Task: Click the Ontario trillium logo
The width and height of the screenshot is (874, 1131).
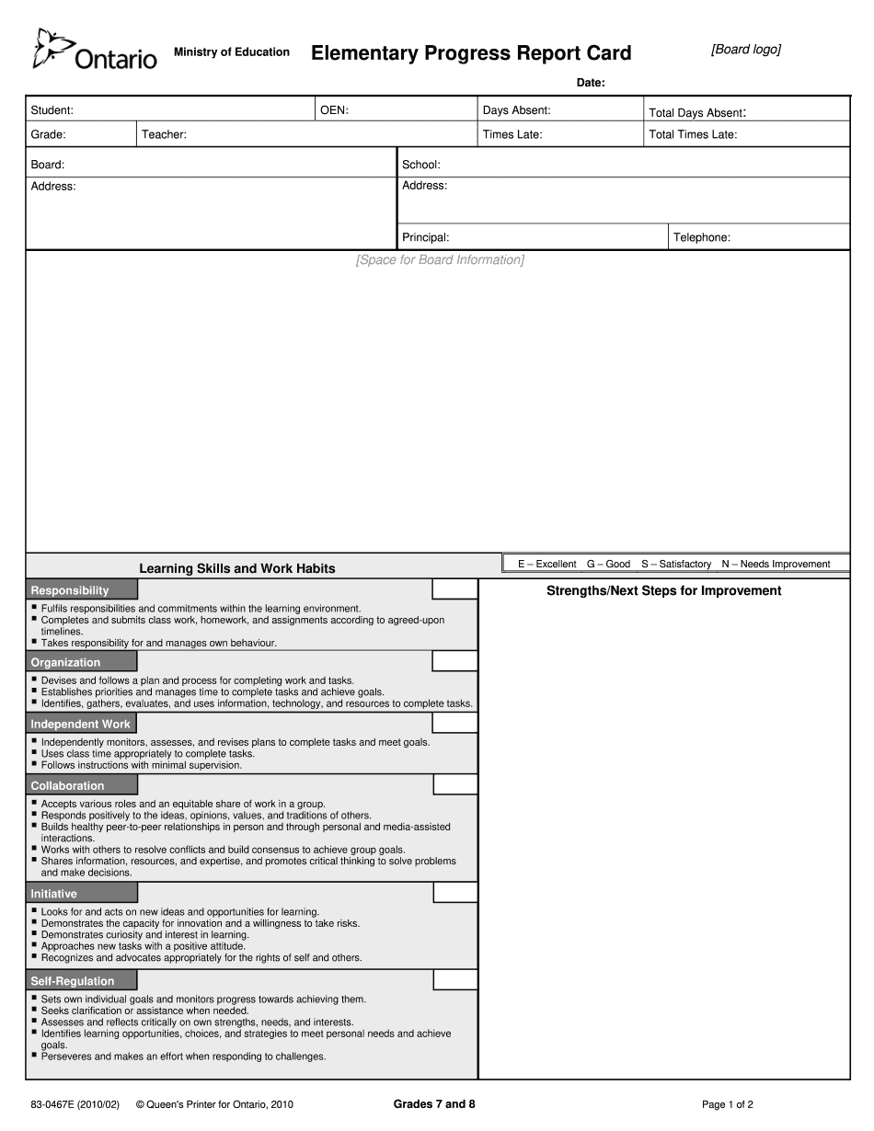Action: click(x=49, y=48)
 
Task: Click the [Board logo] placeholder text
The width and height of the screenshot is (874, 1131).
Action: click(x=745, y=50)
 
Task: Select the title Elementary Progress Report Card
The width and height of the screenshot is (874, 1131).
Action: click(x=471, y=53)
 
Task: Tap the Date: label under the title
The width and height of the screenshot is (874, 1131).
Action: click(x=591, y=83)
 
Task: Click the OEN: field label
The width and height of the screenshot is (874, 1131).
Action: click(x=334, y=110)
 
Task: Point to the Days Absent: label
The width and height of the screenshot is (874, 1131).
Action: click(x=516, y=110)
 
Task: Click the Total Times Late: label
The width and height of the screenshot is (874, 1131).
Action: click(x=693, y=134)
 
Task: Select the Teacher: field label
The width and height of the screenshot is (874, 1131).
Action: click(x=164, y=134)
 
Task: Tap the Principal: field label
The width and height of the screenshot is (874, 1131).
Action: click(x=425, y=237)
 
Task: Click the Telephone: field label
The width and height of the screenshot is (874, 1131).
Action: click(x=702, y=237)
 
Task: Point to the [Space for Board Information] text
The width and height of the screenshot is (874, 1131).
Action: click(x=440, y=260)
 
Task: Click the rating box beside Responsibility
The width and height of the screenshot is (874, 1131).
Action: click(x=455, y=589)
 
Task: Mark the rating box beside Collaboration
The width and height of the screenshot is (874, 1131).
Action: click(x=455, y=784)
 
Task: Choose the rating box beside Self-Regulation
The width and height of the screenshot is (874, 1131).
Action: click(x=455, y=980)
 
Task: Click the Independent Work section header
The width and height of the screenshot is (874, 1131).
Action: click(x=81, y=724)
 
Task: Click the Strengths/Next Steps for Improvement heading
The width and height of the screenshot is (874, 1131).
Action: click(x=663, y=591)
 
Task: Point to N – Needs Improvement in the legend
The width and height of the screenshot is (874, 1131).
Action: click(x=776, y=564)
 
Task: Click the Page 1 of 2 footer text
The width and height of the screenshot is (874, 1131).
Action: click(x=727, y=1104)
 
